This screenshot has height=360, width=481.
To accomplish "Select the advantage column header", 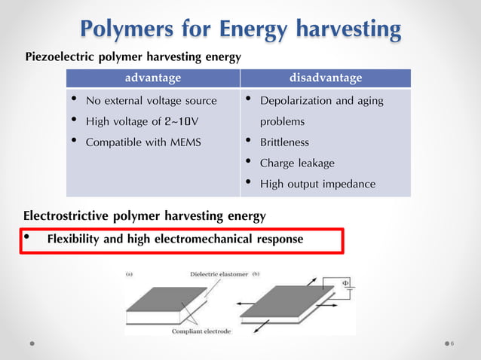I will point(153,78).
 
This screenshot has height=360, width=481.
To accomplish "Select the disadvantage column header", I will point(326,78).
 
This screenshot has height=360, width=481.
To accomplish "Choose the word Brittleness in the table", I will point(284,142).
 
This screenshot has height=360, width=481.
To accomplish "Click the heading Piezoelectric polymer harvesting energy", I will point(133,56).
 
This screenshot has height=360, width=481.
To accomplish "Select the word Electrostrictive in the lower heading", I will point(67,216).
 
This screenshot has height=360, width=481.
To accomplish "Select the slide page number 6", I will point(452,343).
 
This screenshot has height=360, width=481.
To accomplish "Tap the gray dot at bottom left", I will point(33,343).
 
